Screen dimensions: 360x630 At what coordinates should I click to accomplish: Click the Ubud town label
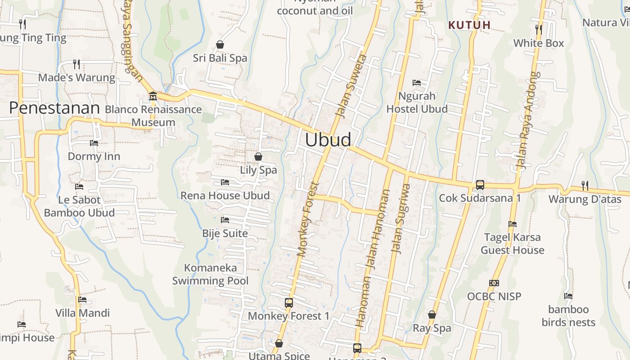click(x=328, y=140)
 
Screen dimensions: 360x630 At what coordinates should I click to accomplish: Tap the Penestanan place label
click(x=54, y=108)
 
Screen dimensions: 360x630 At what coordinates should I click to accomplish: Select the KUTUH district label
click(x=469, y=25)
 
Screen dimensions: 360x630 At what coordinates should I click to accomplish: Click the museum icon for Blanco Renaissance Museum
click(x=153, y=96)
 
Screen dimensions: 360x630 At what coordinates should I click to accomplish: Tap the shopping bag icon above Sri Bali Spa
click(x=220, y=45)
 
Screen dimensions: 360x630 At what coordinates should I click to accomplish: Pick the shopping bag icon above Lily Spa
click(x=258, y=157)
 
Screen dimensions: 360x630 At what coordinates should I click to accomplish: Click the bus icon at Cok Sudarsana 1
click(x=480, y=185)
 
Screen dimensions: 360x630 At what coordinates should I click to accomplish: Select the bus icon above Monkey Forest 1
click(x=289, y=303)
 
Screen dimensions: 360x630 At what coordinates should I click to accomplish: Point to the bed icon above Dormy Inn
click(x=94, y=143)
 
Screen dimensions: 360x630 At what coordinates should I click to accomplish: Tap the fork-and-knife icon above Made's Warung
click(x=76, y=64)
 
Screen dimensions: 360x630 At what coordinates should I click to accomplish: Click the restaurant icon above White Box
click(x=539, y=30)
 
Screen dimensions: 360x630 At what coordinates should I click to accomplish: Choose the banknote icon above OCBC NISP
click(x=494, y=283)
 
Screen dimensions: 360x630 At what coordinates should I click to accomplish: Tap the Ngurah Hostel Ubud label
click(x=417, y=103)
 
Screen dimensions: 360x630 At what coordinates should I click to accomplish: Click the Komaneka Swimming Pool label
click(x=210, y=274)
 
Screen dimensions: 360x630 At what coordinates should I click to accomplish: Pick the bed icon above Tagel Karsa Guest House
click(x=513, y=224)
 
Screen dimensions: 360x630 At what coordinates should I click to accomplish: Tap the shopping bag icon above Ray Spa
click(x=432, y=315)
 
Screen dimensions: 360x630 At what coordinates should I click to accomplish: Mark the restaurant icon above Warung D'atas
click(x=585, y=185)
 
